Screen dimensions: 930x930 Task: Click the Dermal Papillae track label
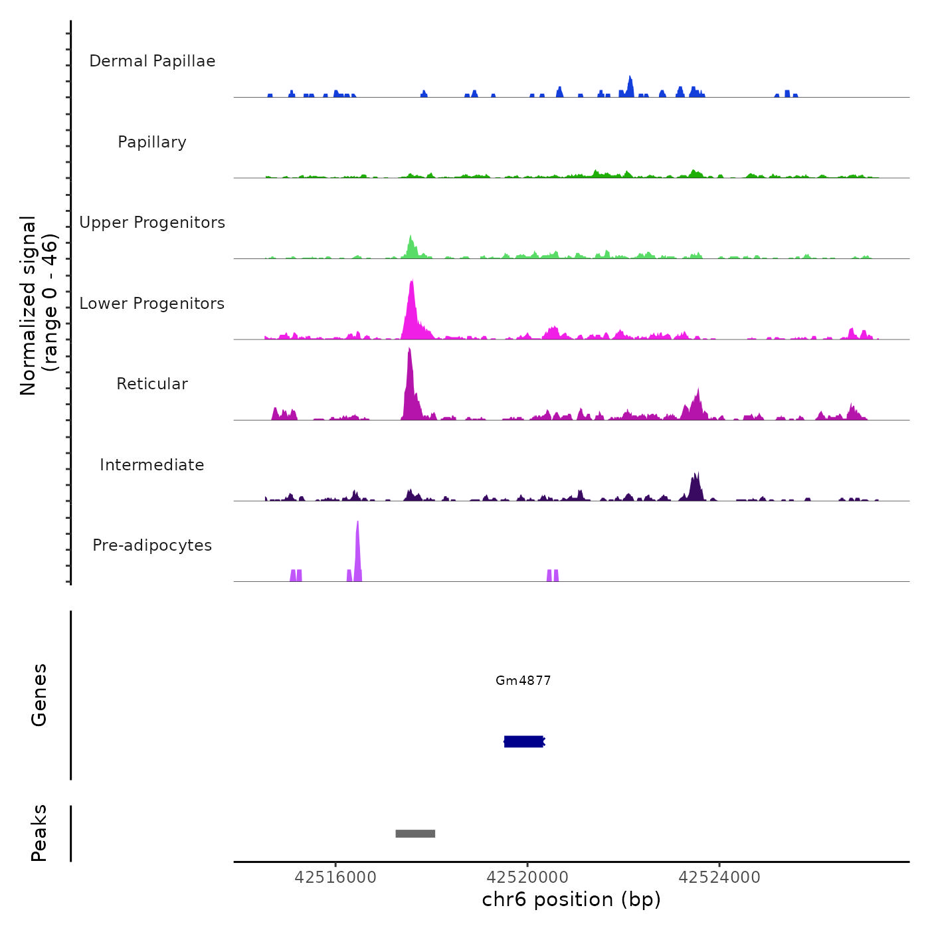pyautogui.click(x=152, y=61)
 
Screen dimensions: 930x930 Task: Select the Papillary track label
pyautogui.click(x=152, y=142)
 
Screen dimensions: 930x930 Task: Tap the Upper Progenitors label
pyautogui.click(x=152, y=223)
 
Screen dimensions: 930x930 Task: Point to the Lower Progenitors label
pyautogui.click(x=152, y=304)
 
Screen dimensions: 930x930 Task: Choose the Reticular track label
pyautogui.click(x=152, y=384)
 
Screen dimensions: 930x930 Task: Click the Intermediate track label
pyautogui.click(x=152, y=465)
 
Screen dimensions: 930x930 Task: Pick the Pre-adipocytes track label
pyautogui.click(x=152, y=545)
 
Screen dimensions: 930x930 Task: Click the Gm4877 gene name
pyautogui.click(x=523, y=680)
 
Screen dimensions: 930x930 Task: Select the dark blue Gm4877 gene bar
pyautogui.click(x=523, y=741)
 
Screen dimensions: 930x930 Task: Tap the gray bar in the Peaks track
pyautogui.click(x=415, y=834)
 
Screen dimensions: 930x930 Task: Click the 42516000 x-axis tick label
pyautogui.click(x=335, y=878)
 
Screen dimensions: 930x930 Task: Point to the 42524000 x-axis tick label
pyautogui.click(x=719, y=878)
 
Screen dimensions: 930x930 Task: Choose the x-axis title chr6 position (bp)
pyautogui.click(x=571, y=899)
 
